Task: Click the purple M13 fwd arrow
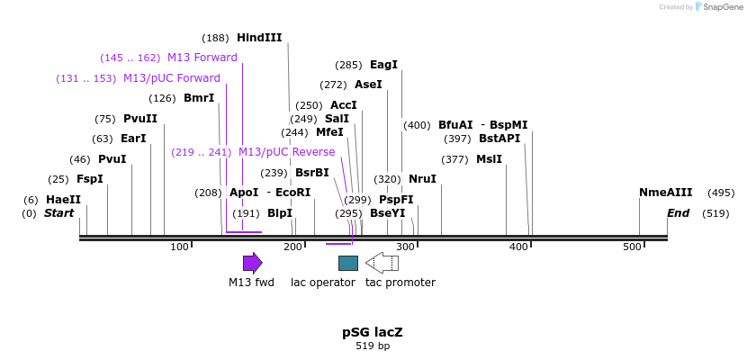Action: (x=252, y=263)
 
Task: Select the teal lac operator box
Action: (x=348, y=263)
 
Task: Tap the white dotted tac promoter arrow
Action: (x=382, y=263)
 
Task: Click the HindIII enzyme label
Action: (x=259, y=38)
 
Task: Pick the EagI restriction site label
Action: (x=383, y=65)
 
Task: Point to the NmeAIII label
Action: (x=665, y=193)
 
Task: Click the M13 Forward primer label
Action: (x=202, y=58)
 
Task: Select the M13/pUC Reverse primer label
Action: (x=286, y=152)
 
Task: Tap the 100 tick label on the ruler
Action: (x=180, y=247)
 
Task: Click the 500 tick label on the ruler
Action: (x=632, y=247)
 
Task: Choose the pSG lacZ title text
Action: (x=373, y=332)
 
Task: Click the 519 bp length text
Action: (x=373, y=346)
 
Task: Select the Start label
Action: (x=58, y=213)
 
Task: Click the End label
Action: (x=678, y=213)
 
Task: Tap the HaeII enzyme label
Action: (x=63, y=200)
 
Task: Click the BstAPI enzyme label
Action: (x=499, y=139)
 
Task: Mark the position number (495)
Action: (x=721, y=193)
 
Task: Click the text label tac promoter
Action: (x=400, y=283)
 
